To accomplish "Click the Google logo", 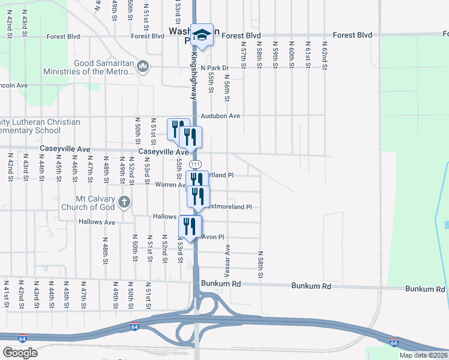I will pyautogui.click(x=20, y=353).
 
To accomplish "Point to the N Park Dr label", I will pyautogui.click(x=215, y=68).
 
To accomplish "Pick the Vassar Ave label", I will pyautogui.click(x=228, y=256).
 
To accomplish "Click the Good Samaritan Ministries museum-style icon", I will pyautogui.click(x=142, y=65).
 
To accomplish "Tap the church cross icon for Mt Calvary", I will pyautogui.click(x=124, y=202).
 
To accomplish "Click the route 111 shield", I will pyautogui.click(x=195, y=164).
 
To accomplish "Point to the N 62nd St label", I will pyautogui.click(x=324, y=56).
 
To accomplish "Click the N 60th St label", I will pyautogui.click(x=291, y=56).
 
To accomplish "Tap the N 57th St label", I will pyautogui.click(x=244, y=56).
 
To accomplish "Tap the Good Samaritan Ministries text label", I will pyautogui.click(x=88, y=68).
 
